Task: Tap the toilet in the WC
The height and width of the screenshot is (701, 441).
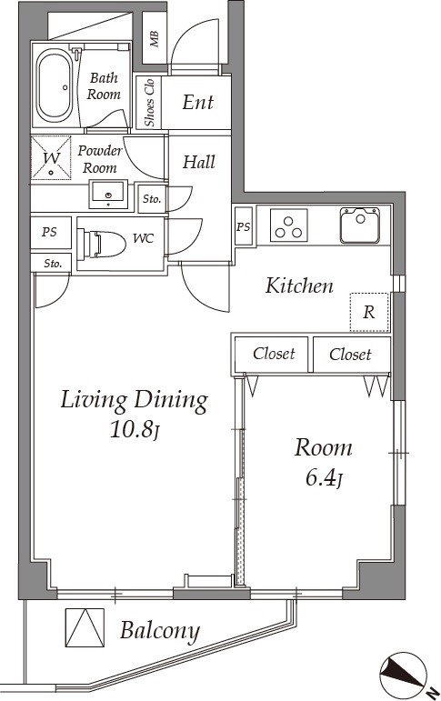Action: (x=101, y=244)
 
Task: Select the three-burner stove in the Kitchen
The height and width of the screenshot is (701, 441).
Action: (x=289, y=225)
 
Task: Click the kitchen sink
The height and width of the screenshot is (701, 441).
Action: (x=360, y=225)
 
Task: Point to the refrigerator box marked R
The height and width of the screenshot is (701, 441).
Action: (x=369, y=312)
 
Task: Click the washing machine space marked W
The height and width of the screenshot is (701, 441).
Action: (x=51, y=158)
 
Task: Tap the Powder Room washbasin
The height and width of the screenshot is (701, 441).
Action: (x=108, y=195)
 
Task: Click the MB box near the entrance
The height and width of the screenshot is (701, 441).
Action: (x=155, y=38)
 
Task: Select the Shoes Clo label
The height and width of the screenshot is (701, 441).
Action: (x=149, y=103)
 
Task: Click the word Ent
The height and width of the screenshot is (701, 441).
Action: (x=198, y=103)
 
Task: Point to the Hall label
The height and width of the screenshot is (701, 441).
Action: (x=198, y=162)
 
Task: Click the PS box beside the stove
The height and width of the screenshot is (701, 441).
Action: (x=244, y=226)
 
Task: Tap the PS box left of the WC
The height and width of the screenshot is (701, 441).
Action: (x=50, y=233)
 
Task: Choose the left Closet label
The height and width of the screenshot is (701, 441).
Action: (x=274, y=354)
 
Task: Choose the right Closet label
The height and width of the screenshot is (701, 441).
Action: (x=350, y=355)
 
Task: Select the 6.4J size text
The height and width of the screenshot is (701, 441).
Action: (x=325, y=478)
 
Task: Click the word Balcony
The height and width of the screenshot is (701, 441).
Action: (x=160, y=631)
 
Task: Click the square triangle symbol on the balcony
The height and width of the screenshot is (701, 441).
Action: (x=85, y=627)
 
